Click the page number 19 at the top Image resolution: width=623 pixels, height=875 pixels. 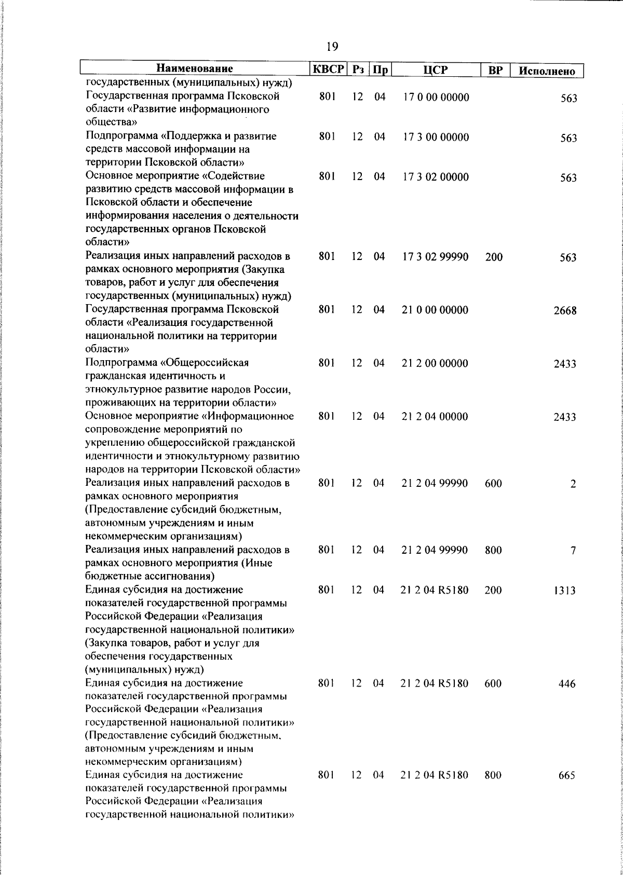(x=332, y=47)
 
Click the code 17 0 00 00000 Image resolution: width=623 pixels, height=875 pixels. (x=436, y=98)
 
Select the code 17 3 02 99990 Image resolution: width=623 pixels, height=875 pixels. (x=436, y=257)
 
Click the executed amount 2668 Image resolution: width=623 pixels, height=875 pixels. (x=565, y=311)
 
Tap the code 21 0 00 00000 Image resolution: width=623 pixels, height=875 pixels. (x=436, y=310)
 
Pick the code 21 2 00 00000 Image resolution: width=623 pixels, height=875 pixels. (x=436, y=363)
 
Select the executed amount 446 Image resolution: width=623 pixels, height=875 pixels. (x=567, y=684)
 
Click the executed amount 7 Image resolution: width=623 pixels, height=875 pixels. (x=573, y=551)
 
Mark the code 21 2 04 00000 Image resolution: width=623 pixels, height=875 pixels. (x=435, y=417)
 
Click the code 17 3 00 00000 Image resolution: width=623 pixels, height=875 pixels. (x=436, y=138)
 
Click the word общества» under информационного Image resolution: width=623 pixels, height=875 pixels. (x=111, y=123)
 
